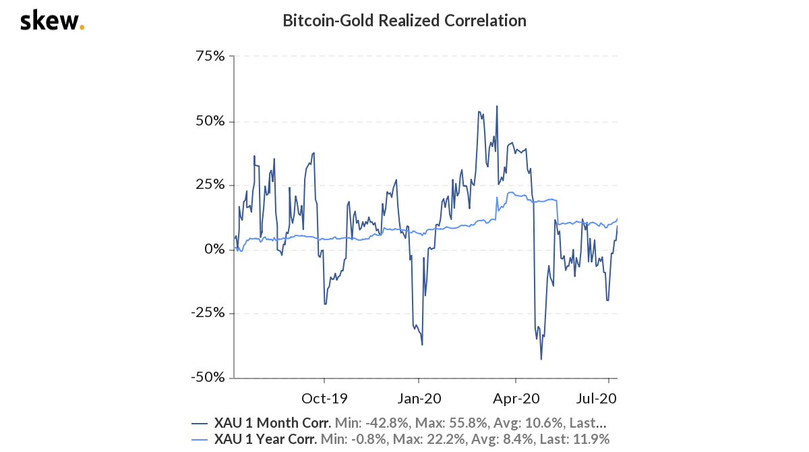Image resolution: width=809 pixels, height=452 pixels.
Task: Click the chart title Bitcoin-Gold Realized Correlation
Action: click(404, 20)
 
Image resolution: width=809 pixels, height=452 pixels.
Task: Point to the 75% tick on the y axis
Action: click(210, 56)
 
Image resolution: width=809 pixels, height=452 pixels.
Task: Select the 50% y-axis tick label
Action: click(210, 121)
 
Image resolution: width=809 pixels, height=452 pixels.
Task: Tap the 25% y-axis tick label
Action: click(210, 186)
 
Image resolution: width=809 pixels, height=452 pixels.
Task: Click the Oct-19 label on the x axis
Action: click(324, 398)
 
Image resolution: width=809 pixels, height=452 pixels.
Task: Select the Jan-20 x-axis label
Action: click(419, 398)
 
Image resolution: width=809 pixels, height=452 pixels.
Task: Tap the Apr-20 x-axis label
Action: click(515, 398)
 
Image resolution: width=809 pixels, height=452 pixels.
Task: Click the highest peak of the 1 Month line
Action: click(497, 106)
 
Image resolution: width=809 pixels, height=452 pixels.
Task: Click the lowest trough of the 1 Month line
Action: click(541, 359)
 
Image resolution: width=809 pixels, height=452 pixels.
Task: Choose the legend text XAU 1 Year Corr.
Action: click(266, 440)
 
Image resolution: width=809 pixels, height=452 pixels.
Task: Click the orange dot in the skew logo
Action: click(82, 28)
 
